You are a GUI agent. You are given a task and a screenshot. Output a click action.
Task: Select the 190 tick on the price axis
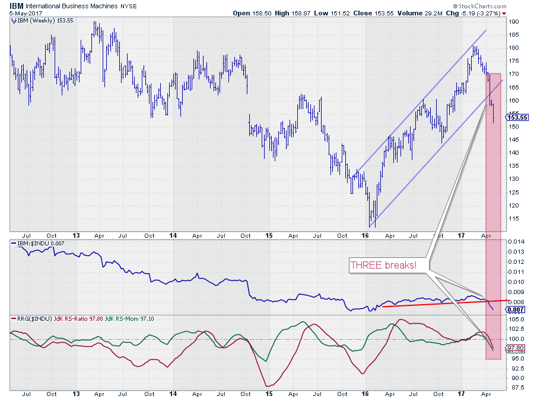click(x=514, y=22)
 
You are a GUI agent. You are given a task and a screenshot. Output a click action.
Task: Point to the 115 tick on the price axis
click(x=514, y=219)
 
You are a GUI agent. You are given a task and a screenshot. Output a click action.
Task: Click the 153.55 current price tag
click(x=514, y=118)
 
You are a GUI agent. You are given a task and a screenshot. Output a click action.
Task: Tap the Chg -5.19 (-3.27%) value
click(x=486, y=12)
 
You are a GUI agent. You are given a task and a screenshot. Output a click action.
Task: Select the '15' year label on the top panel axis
click(x=268, y=235)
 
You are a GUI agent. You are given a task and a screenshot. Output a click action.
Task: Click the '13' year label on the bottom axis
click(x=76, y=393)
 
